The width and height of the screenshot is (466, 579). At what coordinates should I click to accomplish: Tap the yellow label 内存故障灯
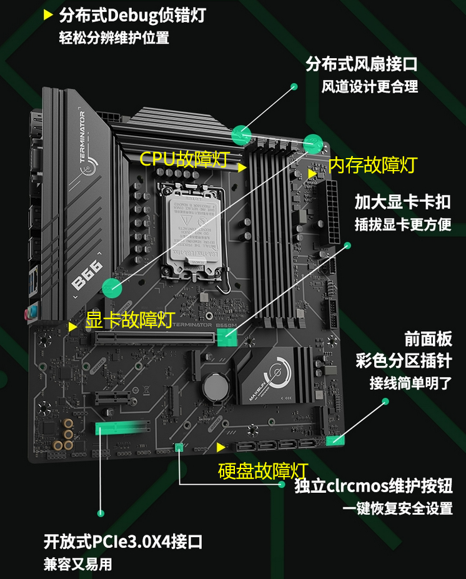[x=372, y=165]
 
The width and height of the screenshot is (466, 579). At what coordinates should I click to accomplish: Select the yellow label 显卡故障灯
[x=129, y=320]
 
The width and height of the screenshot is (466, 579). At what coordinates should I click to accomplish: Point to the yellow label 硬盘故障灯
[x=263, y=470]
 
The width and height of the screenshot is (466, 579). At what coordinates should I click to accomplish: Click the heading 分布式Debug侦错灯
[x=132, y=15]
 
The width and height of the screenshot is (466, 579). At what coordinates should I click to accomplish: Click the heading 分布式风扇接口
[x=361, y=64]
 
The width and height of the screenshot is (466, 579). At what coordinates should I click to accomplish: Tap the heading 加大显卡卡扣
[x=402, y=202]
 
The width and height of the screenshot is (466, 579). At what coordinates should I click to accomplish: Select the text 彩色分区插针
[x=403, y=361]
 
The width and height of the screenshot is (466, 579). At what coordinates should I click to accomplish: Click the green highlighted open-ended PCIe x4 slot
[x=123, y=428]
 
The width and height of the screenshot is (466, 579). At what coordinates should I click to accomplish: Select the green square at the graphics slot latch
[x=227, y=338]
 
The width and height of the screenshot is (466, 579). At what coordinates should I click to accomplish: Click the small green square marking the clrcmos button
[x=179, y=447]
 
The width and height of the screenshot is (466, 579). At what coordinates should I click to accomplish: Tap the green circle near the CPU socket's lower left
[x=112, y=287]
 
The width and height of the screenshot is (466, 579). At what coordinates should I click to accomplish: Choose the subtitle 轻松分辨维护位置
[x=114, y=37]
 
